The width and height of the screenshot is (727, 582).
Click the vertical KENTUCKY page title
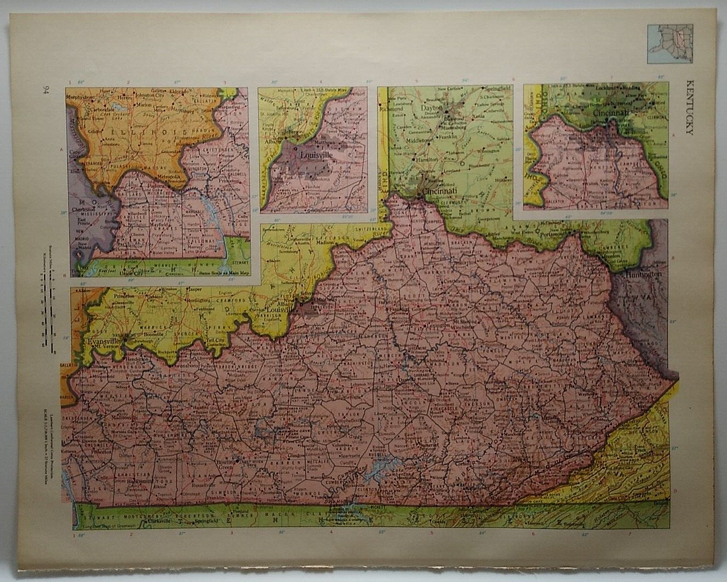click(689, 107)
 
